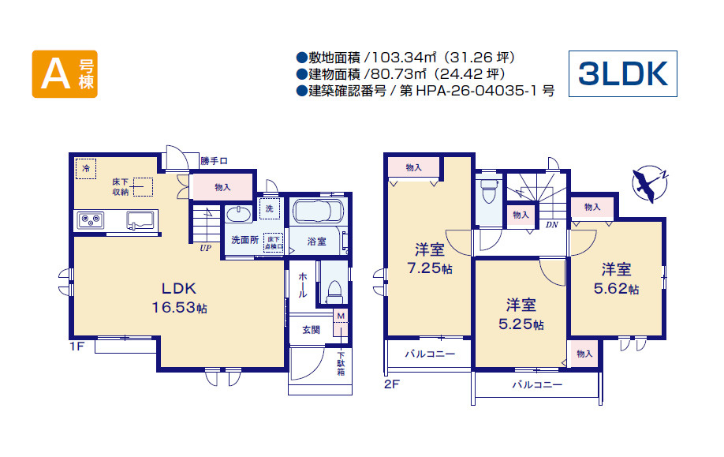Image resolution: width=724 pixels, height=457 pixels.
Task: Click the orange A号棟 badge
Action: click(x=65, y=74)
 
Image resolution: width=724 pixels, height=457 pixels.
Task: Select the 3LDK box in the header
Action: click(x=623, y=73)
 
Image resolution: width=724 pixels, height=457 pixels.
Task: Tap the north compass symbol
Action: click(x=650, y=184)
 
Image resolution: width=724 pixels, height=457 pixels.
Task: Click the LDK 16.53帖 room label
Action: click(x=179, y=298)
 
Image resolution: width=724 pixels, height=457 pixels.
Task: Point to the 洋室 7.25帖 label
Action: click(x=429, y=259)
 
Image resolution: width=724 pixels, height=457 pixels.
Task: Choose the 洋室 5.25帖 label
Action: click(x=521, y=314)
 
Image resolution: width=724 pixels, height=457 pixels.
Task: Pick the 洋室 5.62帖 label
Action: click(x=616, y=279)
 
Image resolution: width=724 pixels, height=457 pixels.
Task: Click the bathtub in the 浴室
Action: click(x=318, y=212)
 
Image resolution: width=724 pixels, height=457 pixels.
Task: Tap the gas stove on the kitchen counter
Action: click(x=91, y=220)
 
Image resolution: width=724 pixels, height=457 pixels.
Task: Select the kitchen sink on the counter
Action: click(x=140, y=220)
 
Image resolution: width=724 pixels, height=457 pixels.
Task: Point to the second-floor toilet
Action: click(x=488, y=191)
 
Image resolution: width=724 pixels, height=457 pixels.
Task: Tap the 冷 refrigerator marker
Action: click(x=86, y=169)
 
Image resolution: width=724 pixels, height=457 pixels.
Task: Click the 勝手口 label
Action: click(x=214, y=161)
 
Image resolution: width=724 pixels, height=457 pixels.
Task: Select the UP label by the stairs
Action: click(x=206, y=248)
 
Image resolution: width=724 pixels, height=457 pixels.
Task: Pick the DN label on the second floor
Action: click(x=552, y=225)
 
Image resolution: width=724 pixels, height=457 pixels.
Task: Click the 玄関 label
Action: click(x=312, y=330)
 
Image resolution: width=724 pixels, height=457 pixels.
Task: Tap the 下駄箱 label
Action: click(x=341, y=364)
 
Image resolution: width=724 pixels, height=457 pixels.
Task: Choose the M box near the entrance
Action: click(x=341, y=316)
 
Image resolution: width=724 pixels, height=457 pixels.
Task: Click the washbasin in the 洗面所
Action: click(x=239, y=215)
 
